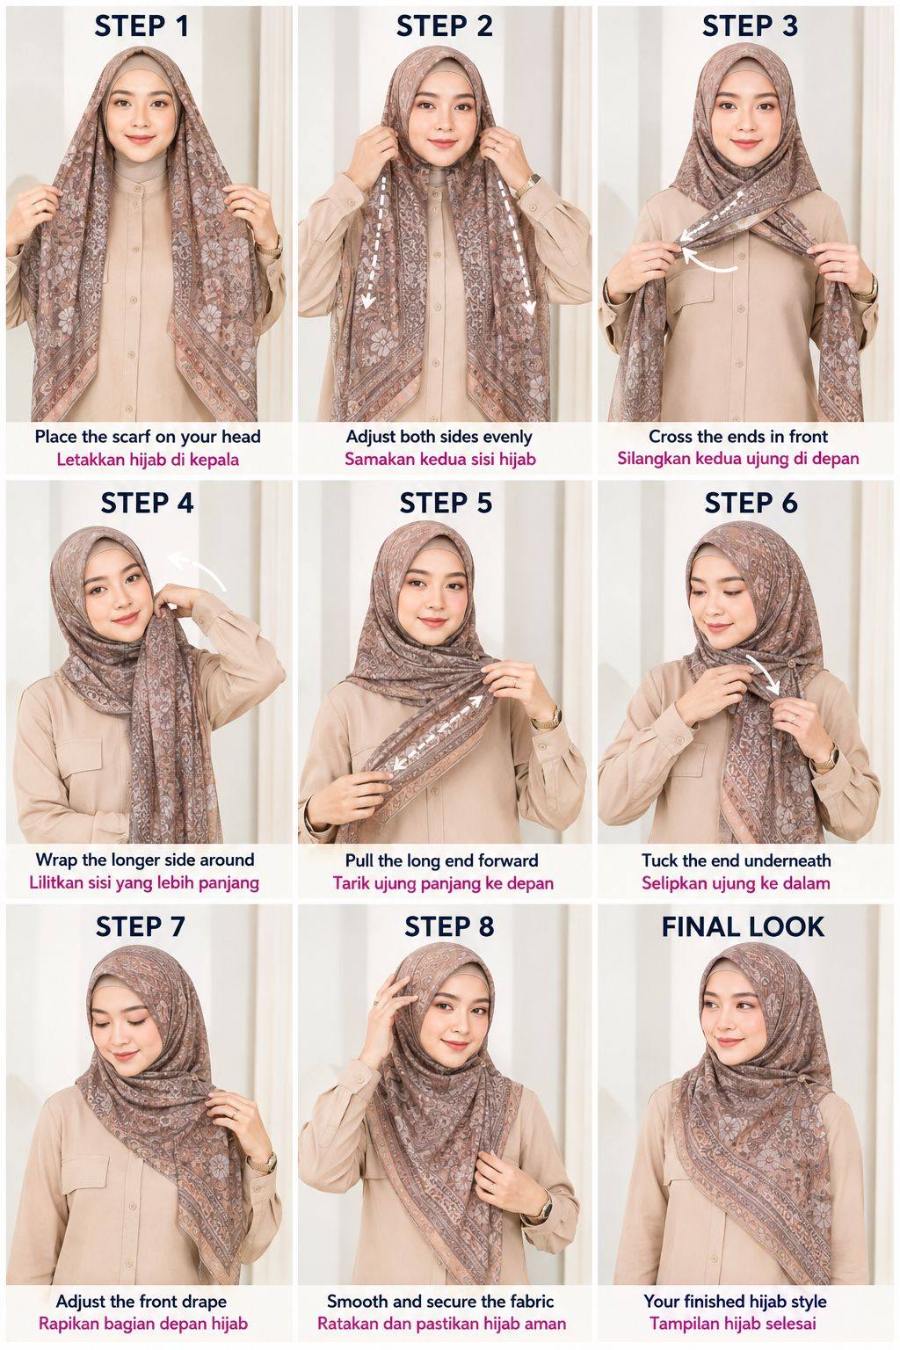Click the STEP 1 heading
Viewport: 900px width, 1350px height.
[142, 26]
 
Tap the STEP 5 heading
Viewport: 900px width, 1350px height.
[446, 504]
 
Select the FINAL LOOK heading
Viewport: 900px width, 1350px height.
[743, 926]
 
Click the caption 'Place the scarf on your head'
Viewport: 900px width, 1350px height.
[148, 436]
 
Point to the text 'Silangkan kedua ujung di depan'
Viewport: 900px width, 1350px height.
[738, 459]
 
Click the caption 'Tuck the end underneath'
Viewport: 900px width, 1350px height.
[736, 860]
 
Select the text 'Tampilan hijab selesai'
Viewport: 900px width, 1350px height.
[732, 1324]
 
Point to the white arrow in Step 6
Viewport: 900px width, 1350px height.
[766, 674]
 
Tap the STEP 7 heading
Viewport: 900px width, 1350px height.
[141, 926]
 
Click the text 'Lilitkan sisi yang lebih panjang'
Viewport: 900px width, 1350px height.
[144, 883]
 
